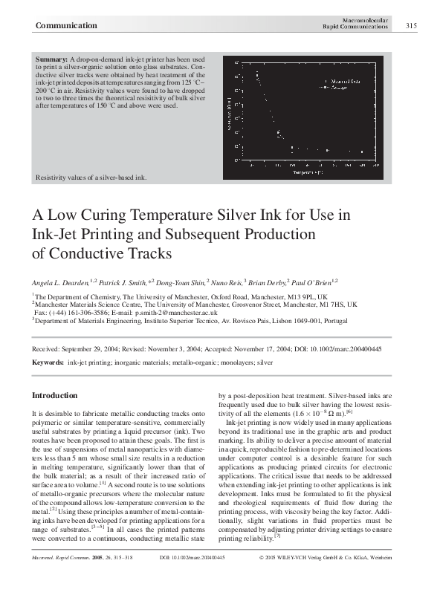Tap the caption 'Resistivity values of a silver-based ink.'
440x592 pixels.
pos(91,178)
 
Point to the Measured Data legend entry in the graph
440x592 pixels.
pos(344,80)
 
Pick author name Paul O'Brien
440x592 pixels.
pos(317,283)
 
